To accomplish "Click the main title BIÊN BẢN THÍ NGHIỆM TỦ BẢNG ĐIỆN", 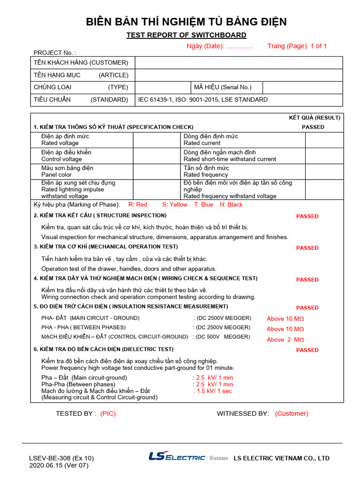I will tap(186, 22).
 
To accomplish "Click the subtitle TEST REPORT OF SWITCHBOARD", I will tap(186, 35).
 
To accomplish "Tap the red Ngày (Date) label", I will tap(219, 46).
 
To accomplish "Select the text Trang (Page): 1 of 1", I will tap(297, 46).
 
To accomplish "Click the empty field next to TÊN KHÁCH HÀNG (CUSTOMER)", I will tap(239, 63).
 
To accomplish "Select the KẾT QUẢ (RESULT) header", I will tap(315, 118).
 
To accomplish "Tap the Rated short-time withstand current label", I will tap(230, 159).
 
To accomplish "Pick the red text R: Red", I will tap(138, 204).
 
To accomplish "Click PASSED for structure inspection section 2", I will tap(307, 216).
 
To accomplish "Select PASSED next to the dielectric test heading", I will tap(307, 350).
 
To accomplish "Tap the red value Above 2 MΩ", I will tap(285, 340).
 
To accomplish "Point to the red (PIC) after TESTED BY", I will tap(108, 413).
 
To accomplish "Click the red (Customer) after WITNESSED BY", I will tap(292, 413).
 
